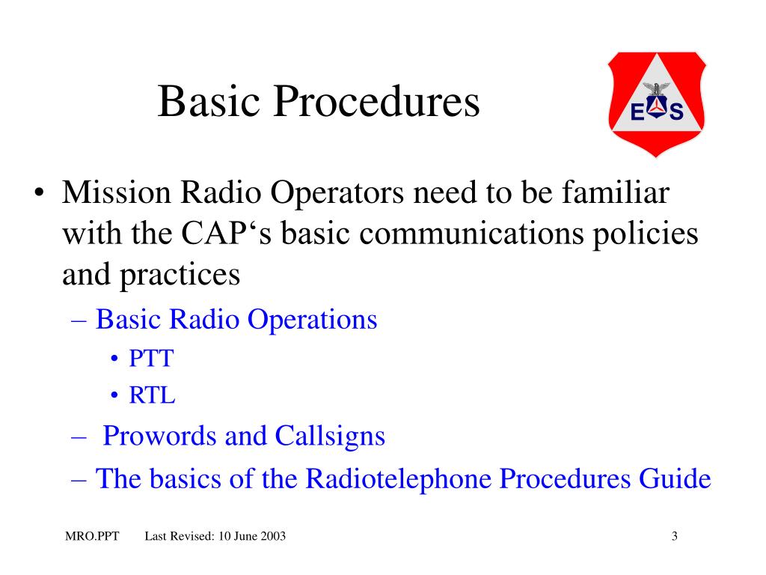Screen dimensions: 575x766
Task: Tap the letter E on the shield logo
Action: click(637, 113)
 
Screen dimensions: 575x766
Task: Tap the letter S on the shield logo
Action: click(676, 113)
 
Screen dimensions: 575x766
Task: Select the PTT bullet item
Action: click(150, 359)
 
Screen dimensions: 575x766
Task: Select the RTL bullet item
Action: click(152, 395)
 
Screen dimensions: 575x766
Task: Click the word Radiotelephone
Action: click(399, 478)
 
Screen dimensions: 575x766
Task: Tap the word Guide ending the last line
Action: click(674, 478)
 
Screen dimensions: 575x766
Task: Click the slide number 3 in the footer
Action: click(675, 536)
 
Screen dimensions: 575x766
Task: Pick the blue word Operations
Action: click(313, 320)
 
